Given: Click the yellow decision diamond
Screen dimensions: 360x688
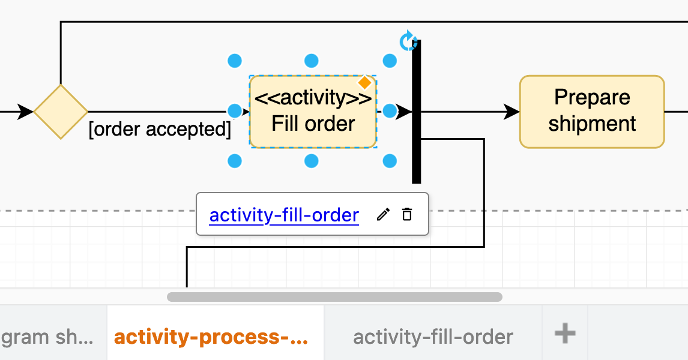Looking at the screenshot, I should tap(61, 112).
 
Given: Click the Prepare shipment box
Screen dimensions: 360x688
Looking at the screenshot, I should tap(591, 112).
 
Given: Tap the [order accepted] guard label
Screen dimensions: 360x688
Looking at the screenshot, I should tap(160, 130).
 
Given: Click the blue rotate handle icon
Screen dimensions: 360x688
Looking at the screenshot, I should tap(408, 41).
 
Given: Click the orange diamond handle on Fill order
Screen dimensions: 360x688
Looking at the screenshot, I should tap(364, 83).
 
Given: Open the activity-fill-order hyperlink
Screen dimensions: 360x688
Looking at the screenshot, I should tap(284, 215).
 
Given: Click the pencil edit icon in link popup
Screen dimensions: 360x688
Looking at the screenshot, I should tap(383, 214).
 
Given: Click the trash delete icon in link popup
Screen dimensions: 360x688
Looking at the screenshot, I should tap(407, 214).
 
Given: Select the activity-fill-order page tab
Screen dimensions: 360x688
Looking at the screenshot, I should tap(433, 337).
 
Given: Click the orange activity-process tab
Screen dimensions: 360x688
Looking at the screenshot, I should tap(211, 337).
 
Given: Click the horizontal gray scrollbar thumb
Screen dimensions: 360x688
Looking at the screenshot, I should tap(334, 296).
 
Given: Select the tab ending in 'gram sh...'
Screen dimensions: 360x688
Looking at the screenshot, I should tap(48, 337).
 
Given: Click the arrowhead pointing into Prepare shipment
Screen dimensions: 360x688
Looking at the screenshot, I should tap(511, 112).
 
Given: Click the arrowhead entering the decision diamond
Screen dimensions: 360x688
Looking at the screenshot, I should tap(25, 112).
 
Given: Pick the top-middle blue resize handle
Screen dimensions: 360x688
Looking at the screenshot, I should tap(311, 61).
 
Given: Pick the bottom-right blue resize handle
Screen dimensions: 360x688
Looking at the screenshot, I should tap(390, 161).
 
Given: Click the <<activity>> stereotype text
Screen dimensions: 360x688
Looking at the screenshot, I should tap(313, 98).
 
